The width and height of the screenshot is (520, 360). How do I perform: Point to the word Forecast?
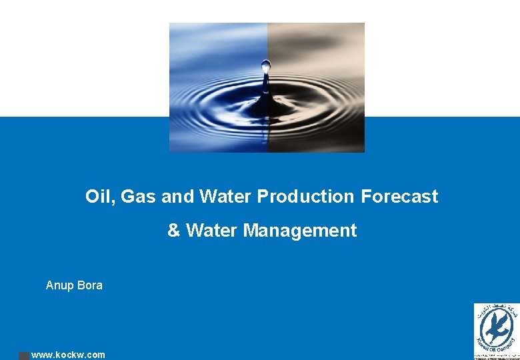(399, 197)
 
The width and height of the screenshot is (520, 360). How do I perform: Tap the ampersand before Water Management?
(173, 231)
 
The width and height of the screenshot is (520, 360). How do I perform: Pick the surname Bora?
(90, 285)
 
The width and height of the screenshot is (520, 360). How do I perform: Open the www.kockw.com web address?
(68, 355)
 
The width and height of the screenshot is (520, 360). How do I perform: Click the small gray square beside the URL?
(23, 355)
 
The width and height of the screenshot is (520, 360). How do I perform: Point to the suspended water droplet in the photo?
(266, 66)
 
